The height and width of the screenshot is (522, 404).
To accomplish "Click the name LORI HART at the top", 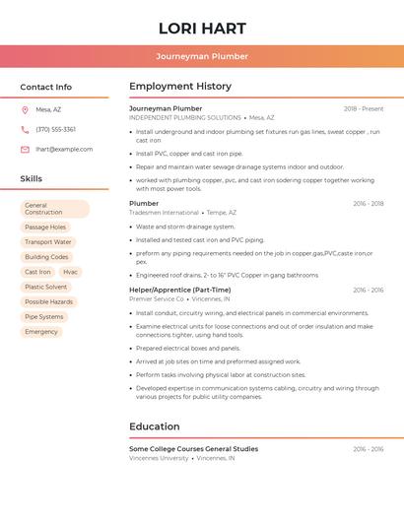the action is [201, 28].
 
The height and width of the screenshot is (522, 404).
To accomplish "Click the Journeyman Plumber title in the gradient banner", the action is [201, 56].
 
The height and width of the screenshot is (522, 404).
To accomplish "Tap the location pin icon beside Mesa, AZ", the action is [25, 109].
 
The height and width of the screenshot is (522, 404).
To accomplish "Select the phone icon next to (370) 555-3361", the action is [25, 129].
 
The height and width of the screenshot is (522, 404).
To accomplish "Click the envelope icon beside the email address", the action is [25, 150].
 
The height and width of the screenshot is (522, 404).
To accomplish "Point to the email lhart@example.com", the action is [64, 150].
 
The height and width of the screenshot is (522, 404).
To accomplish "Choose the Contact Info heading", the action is [45, 87].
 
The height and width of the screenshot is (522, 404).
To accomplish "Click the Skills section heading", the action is [31, 178].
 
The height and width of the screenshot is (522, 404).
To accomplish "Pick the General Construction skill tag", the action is [54, 209].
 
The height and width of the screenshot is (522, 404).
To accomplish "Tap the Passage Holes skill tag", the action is [45, 227].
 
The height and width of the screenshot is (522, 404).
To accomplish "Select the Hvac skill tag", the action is [70, 272].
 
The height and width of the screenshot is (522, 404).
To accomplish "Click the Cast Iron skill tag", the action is [37, 272].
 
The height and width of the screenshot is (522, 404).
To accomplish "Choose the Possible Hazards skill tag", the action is [48, 301].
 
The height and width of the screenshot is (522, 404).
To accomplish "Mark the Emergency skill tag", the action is [41, 332].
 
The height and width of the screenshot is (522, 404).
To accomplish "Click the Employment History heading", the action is [180, 87].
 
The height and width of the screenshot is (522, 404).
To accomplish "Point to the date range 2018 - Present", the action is [364, 109].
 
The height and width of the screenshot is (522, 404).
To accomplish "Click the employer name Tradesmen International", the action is [164, 213].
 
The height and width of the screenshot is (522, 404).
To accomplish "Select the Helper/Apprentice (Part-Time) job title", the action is [179, 290].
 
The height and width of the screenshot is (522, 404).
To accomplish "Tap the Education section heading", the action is [155, 426].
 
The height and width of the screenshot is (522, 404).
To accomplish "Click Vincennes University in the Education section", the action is [159, 458].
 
